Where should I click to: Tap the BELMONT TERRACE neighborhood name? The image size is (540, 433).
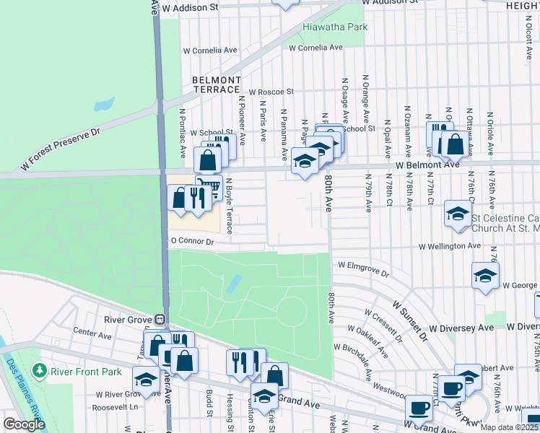pyautogui.click(x=217, y=84)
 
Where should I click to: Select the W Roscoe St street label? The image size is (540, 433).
pyautogui.click(x=271, y=92)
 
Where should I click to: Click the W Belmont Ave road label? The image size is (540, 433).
pyautogui.click(x=427, y=165)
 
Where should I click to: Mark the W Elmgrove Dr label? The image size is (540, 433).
pyautogui.click(x=364, y=269)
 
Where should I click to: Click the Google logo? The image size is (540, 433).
pyautogui.click(x=23, y=424)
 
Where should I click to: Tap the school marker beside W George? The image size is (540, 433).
pyautogui.click(x=485, y=274)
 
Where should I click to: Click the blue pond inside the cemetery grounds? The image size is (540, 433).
pyautogui.click(x=233, y=284)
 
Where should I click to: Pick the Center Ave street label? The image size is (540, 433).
pyautogui.click(x=92, y=335)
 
